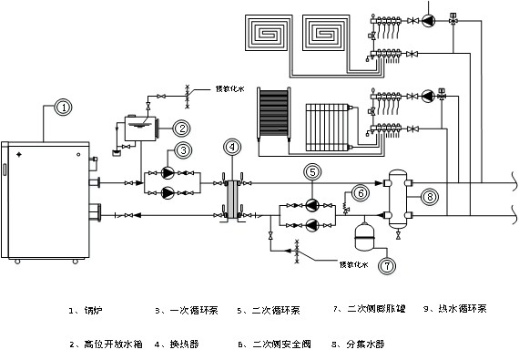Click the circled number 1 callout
(x=63, y=108)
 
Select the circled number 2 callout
(x=181, y=129)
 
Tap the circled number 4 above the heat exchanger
(x=231, y=146)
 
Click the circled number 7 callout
(x=386, y=266)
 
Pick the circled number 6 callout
(x=361, y=193)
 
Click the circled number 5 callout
(x=311, y=170)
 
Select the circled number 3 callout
(x=183, y=149)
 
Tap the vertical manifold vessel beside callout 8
(x=397, y=197)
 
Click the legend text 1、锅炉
(x=87, y=310)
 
